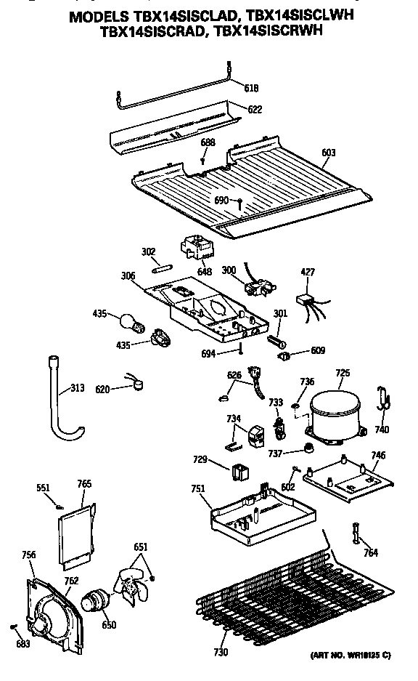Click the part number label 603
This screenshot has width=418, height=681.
(328, 153)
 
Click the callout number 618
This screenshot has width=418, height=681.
(251, 88)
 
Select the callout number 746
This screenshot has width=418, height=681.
(378, 456)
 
